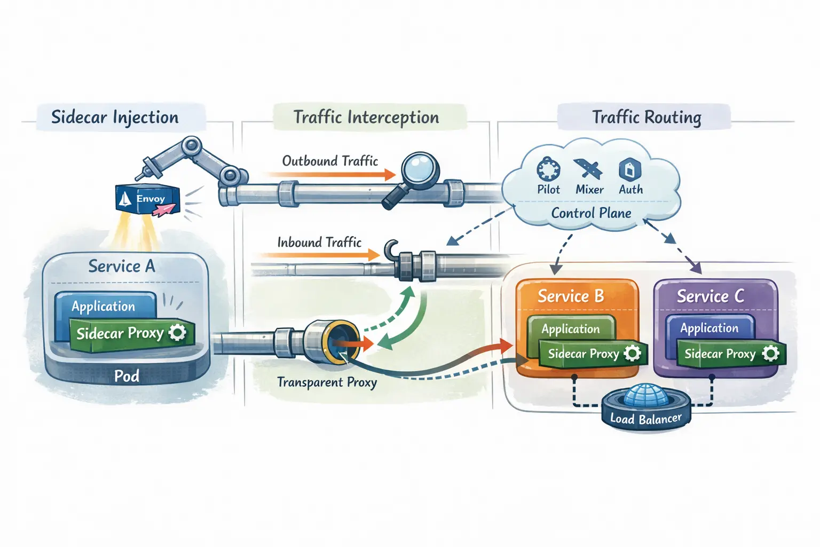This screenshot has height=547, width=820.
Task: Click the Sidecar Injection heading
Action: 115,118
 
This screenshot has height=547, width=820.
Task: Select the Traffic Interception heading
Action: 366,118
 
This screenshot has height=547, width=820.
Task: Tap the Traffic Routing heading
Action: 646,118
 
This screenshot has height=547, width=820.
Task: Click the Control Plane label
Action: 591,213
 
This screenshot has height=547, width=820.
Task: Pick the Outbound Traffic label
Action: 330,161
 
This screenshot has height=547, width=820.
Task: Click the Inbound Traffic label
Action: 319,243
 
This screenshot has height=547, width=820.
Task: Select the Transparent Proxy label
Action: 327,382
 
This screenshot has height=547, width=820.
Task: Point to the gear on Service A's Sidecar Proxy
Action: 178,332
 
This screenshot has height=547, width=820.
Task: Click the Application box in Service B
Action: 571,329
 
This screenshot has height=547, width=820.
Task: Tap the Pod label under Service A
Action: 127,376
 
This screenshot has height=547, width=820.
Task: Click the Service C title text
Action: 710,296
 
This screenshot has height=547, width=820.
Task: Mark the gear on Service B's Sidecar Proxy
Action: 633,353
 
